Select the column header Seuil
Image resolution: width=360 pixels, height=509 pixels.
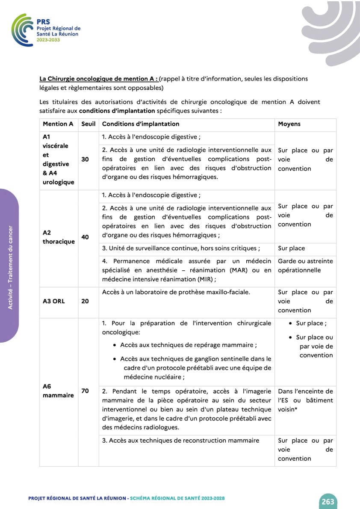(x=88, y=124)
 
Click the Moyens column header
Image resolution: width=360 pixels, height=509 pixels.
(x=289, y=124)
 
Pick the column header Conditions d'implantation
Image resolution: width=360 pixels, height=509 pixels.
(x=141, y=124)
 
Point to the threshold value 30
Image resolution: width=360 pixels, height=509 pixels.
(x=85, y=159)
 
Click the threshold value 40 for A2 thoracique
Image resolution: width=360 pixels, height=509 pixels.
(x=85, y=237)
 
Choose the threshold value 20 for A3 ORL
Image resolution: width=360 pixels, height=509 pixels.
(x=85, y=301)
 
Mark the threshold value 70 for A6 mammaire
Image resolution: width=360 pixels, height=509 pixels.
(x=85, y=391)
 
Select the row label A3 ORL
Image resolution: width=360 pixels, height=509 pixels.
(x=54, y=301)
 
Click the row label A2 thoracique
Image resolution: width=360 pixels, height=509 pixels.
(x=59, y=237)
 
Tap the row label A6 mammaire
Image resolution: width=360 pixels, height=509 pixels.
(x=58, y=391)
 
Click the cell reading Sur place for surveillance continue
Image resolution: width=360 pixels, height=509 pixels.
(x=292, y=249)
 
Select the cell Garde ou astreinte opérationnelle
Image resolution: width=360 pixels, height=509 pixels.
(x=305, y=266)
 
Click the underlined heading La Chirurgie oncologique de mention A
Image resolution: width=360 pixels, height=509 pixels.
(x=98, y=79)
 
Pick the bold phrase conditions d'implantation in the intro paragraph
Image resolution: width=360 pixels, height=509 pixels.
(x=117, y=111)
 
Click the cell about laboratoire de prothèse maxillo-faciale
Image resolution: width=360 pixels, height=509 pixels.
(x=176, y=292)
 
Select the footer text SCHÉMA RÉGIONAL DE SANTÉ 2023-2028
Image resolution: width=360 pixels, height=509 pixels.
(x=177, y=498)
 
